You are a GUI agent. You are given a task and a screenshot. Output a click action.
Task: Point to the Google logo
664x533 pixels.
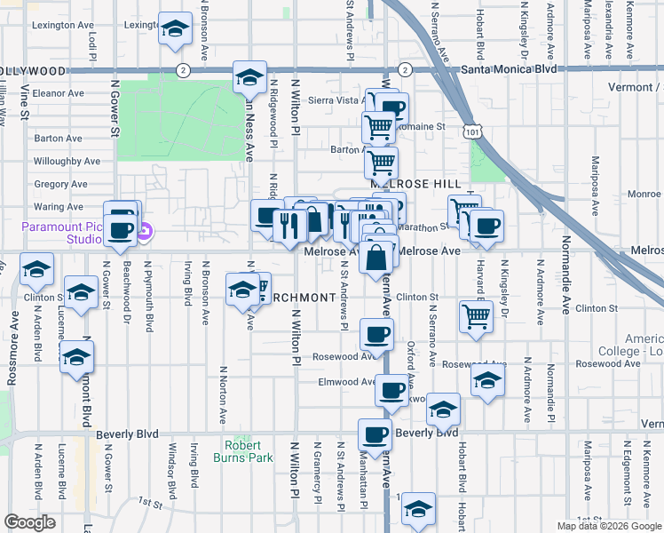[30, 521]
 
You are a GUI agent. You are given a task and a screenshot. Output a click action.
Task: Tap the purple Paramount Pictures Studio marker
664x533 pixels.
[146, 233]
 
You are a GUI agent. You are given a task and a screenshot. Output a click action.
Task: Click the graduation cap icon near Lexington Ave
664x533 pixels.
[176, 29]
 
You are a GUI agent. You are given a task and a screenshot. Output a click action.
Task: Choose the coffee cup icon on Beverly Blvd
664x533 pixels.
[375, 435]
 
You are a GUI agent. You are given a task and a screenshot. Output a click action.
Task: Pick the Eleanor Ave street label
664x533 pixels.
[58, 92]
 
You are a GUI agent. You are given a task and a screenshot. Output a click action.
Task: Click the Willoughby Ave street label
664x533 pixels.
[67, 161]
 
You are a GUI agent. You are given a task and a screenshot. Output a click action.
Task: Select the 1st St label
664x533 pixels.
[149, 503]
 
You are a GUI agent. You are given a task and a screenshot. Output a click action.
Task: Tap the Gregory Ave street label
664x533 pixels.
[60, 184]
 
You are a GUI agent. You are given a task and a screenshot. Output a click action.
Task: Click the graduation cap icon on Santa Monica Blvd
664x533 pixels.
[250, 78]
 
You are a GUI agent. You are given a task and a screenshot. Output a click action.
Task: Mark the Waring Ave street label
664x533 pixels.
[58, 206]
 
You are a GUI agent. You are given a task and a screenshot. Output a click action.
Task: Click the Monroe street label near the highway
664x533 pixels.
[644, 193]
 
